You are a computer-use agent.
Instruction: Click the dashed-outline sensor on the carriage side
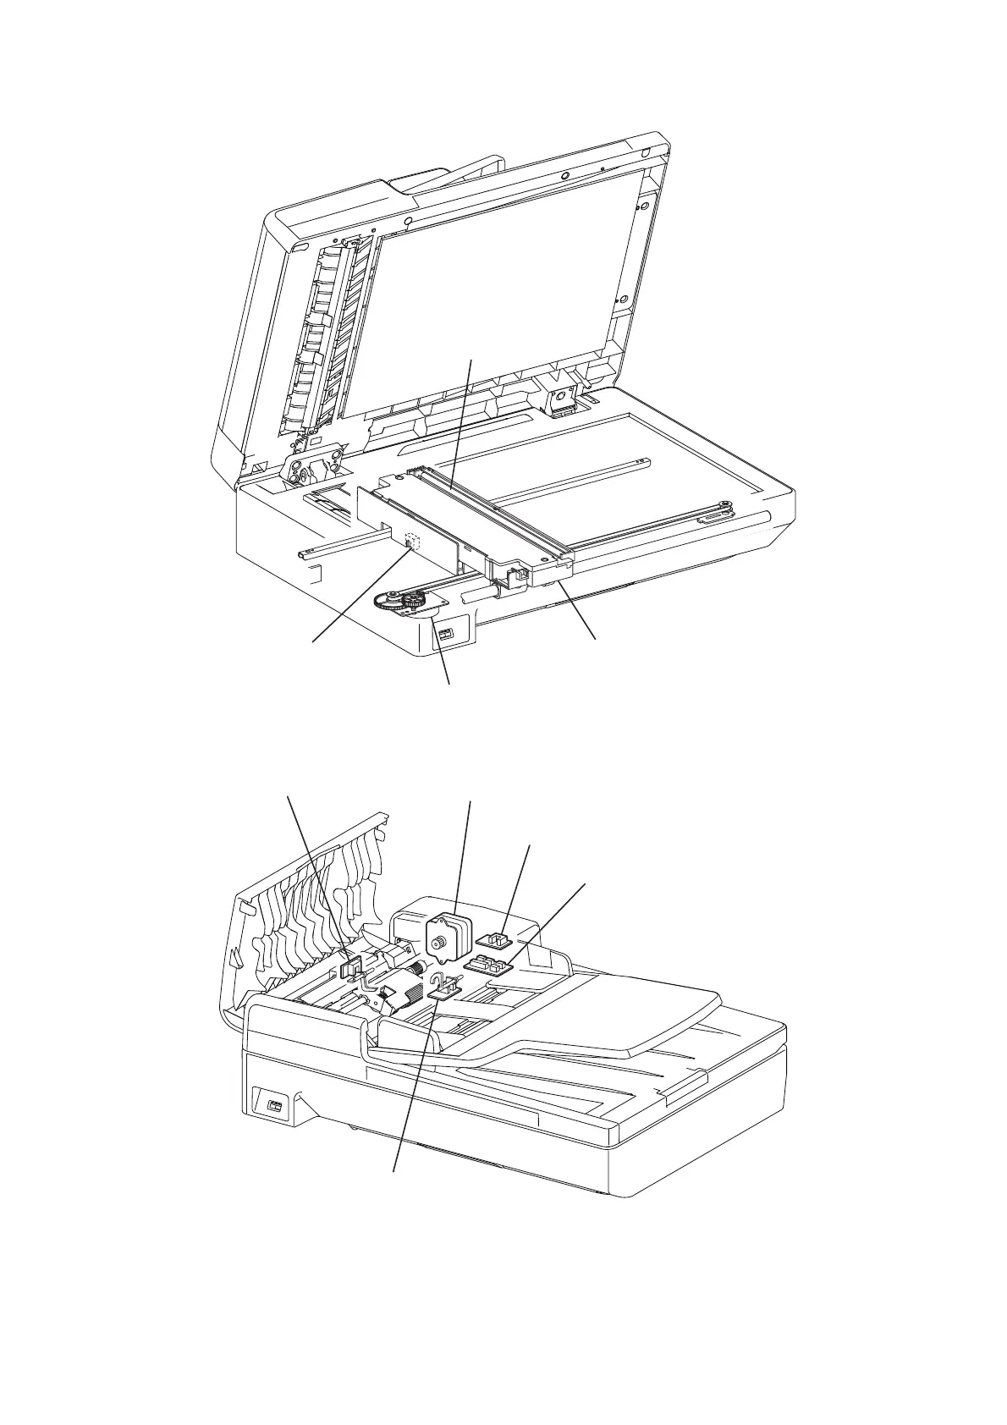(412, 540)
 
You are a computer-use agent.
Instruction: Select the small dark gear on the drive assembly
(414, 602)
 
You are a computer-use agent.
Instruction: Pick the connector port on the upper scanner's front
(446, 634)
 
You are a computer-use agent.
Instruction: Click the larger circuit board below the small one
(487, 964)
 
